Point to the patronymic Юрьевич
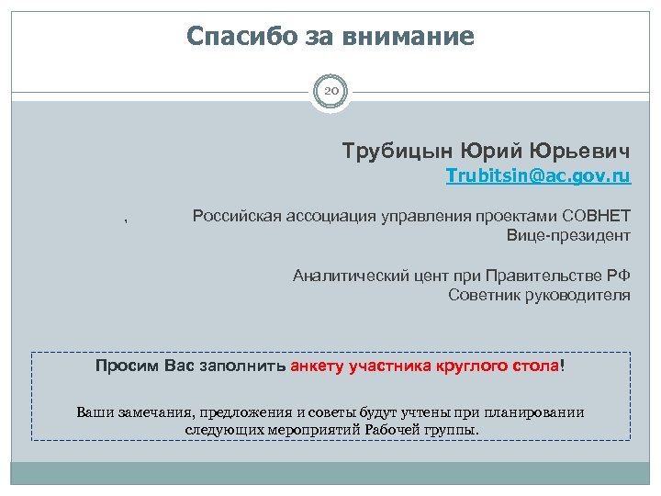pyautogui.click(x=586, y=150)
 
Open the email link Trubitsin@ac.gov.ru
pyautogui.click(x=538, y=175)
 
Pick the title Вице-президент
pyautogui.click(x=568, y=236)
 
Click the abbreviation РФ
pyautogui.click(x=620, y=275)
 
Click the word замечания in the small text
pyautogui.click(x=148, y=411)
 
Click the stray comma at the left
pyautogui.click(x=127, y=220)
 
